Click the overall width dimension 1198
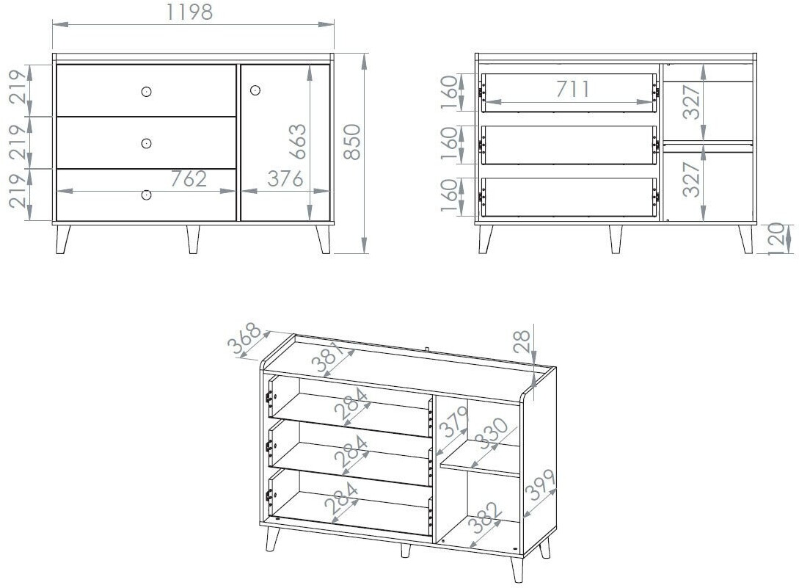pos(189,12)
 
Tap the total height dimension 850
pos(352,142)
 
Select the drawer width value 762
pos(189,179)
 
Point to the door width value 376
pos(285,179)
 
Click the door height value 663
pos(297,141)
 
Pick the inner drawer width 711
pos(573,90)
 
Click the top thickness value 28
pos(522,341)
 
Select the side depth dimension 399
pos(539,485)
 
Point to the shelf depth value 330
pos(492,434)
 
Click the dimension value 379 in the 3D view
pos(453,422)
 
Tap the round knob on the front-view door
pos(255,91)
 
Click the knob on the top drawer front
pos(146,92)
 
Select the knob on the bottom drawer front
pos(146,195)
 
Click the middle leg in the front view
pos(193,239)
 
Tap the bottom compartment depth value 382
pos(485,518)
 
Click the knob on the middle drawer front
pos(146,143)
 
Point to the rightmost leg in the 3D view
pos(544,549)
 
